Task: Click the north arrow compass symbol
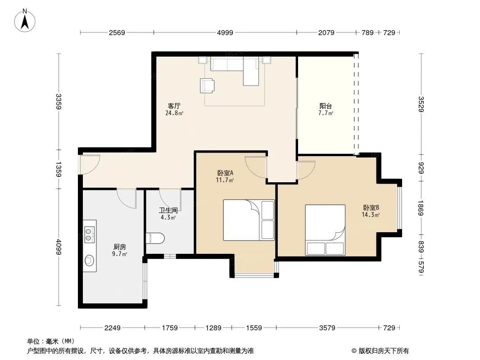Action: pyautogui.click(x=25, y=21)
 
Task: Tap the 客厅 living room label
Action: pyautogui.click(x=174, y=106)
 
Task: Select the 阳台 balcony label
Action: pyautogui.click(x=326, y=106)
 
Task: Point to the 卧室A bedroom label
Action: pyautogui.click(x=225, y=173)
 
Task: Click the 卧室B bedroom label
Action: pyautogui.click(x=371, y=208)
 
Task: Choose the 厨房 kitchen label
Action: pyautogui.click(x=119, y=247)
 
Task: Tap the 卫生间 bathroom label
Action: pyautogui.click(x=168, y=211)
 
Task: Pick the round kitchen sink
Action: pyautogui.click(x=90, y=261)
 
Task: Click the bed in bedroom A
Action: pyautogui.click(x=249, y=220)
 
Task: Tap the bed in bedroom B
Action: pyautogui.click(x=325, y=230)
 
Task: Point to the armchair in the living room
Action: pyautogui.click(x=207, y=85)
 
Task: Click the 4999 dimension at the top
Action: pyautogui.click(x=225, y=32)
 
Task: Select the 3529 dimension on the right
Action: pyautogui.click(x=421, y=104)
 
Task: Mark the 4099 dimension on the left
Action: pyautogui.click(x=59, y=247)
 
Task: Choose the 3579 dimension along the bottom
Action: pyautogui.click(x=327, y=328)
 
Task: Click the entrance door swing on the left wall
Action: pyautogui.click(x=90, y=165)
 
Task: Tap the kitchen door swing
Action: pyautogui.click(x=127, y=199)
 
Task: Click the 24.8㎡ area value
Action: pyautogui.click(x=174, y=113)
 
